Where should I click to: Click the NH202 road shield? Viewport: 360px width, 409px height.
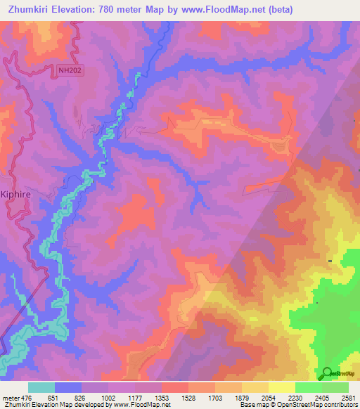click(67, 70)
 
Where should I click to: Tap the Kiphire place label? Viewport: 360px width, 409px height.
click(15, 198)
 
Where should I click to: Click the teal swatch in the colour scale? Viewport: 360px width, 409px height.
click(41, 387)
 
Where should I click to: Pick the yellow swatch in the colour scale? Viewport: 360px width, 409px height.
click(281, 387)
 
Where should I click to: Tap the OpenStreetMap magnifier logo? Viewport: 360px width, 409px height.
click(326, 372)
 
